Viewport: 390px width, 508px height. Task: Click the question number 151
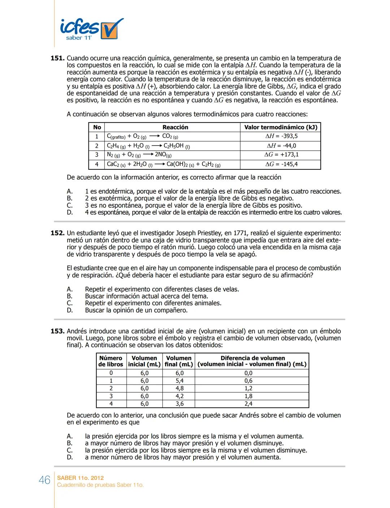point(57,58)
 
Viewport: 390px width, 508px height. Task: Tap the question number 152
point(57,233)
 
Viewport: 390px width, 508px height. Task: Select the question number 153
point(57,331)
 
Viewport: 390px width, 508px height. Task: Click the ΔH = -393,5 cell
point(281,136)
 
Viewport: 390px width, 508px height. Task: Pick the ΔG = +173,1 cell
point(281,155)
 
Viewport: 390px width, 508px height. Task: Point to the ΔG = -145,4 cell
point(281,164)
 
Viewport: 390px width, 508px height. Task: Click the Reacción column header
point(175,127)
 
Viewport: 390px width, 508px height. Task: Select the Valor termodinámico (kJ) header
point(281,127)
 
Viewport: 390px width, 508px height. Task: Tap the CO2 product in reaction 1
point(170,136)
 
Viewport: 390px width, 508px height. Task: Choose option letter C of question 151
point(70,205)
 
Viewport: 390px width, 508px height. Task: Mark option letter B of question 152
point(70,296)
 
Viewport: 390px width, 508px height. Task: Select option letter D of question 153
point(70,457)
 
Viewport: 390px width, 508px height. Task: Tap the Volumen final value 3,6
point(179,404)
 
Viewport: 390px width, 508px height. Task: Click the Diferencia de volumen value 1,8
point(248,396)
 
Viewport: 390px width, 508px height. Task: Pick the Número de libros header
point(111,361)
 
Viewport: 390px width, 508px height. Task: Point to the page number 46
point(44,480)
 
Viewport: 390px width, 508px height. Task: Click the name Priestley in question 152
point(206,233)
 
